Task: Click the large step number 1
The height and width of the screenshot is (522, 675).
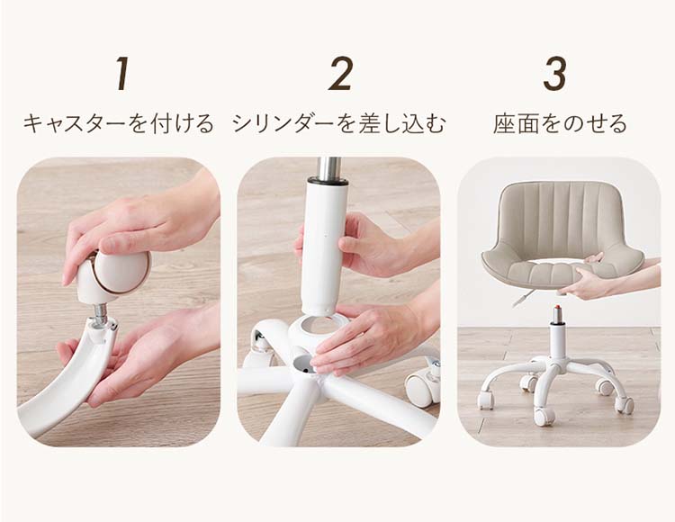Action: [123, 74]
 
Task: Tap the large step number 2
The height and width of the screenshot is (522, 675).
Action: [340, 74]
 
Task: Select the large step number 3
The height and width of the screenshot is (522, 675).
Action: [554, 74]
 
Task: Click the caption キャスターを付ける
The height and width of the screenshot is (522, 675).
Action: [119, 123]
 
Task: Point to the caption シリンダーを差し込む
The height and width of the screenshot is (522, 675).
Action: [338, 123]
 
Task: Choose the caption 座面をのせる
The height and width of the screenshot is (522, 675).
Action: [560, 123]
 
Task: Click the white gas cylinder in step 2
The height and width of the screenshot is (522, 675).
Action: [324, 246]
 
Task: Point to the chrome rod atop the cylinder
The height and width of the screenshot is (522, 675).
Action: [328, 170]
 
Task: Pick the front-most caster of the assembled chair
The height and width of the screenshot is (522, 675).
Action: [544, 415]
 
